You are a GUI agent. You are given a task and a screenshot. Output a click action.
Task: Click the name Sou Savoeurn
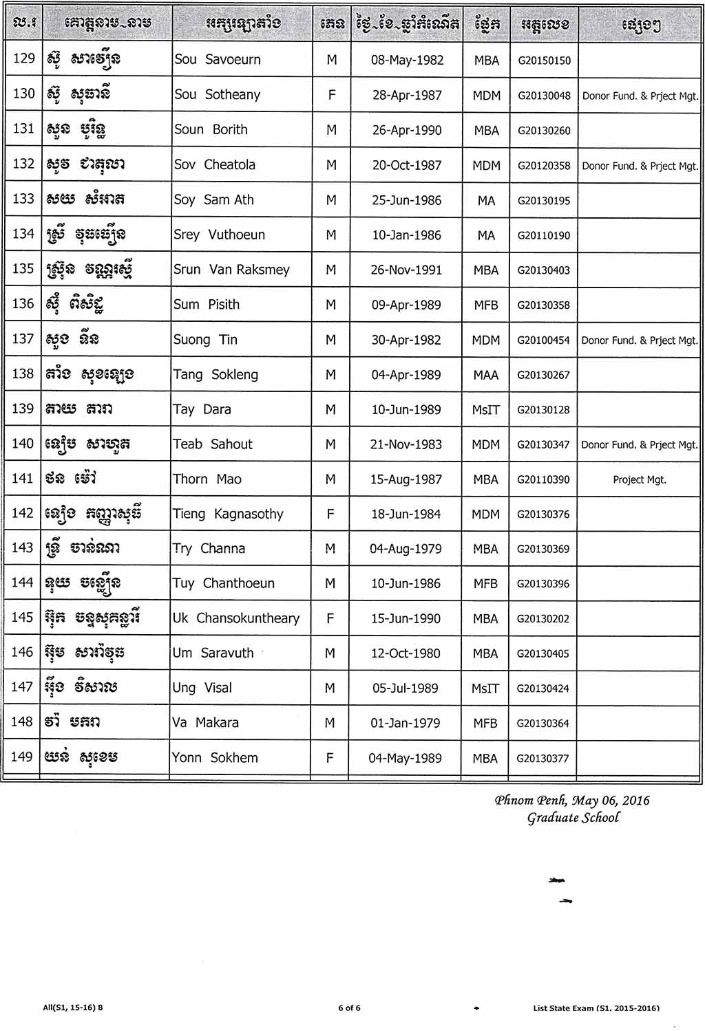tap(218, 60)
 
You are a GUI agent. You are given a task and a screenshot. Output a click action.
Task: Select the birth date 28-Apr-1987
tap(407, 95)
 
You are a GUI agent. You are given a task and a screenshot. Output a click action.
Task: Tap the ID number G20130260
tap(544, 131)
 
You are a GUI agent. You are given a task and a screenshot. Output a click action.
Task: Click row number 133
tap(23, 199)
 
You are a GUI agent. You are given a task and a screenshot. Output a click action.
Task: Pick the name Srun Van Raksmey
tap(231, 270)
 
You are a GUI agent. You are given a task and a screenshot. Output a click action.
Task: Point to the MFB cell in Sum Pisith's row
tap(486, 305)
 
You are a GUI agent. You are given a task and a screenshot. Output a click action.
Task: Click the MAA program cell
tap(486, 375)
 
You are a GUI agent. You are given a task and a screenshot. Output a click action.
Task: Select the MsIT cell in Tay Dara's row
tap(486, 410)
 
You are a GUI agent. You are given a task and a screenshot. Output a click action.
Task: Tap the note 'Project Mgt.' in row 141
tap(640, 479)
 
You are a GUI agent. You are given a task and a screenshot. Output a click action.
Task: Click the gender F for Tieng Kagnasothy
tap(330, 514)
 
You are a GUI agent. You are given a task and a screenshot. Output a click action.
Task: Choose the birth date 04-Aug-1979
tap(406, 549)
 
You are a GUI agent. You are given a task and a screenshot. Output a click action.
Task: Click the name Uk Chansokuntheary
tap(236, 618)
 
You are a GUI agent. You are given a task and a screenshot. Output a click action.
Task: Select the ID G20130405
tap(543, 653)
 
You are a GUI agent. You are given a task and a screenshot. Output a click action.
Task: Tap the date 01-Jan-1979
tap(405, 723)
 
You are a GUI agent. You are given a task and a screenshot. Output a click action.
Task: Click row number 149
tap(22, 757)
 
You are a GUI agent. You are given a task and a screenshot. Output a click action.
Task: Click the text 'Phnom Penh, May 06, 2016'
tap(571, 800)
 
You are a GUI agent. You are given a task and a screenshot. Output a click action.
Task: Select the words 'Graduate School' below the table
tap(573, 818)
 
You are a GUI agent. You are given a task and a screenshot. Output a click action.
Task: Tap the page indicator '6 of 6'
tap(349, 1008)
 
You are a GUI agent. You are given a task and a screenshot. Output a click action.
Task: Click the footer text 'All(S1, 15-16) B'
tap(73, 1008)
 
